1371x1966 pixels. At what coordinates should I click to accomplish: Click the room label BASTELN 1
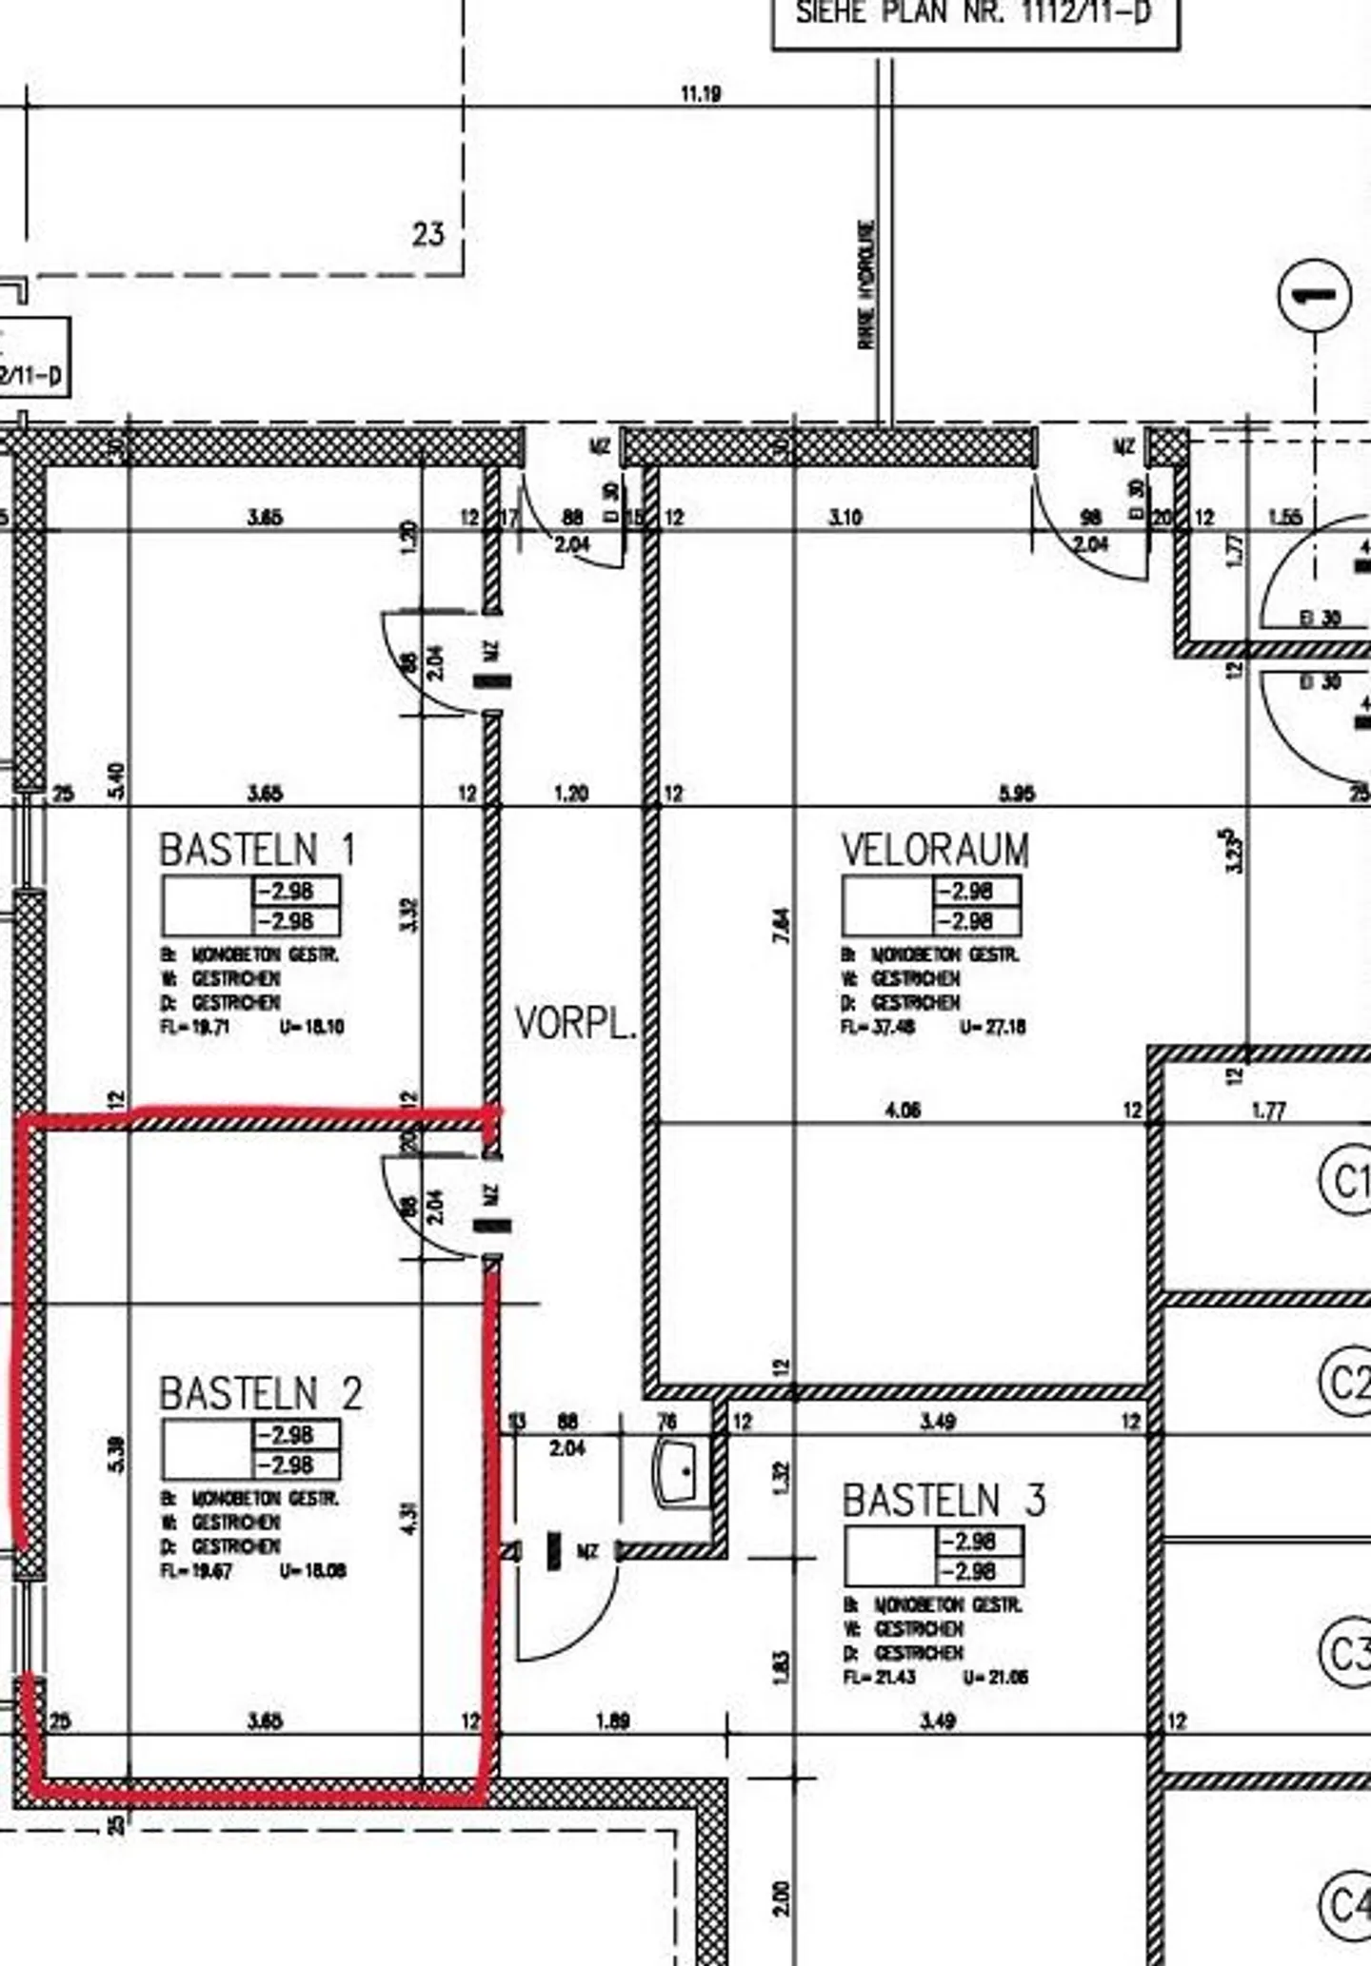257,850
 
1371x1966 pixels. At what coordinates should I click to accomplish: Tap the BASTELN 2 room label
260,1394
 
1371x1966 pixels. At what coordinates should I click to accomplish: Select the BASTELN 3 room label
944,1501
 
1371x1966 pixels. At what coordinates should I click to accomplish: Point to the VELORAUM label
935,850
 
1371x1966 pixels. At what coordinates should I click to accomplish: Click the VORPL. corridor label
575,1024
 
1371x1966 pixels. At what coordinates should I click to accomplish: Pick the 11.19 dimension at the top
701,94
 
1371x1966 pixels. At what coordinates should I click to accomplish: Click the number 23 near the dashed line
428,234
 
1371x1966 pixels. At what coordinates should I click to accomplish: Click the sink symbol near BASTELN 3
682,1470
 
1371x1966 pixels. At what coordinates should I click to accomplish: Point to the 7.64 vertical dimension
781,925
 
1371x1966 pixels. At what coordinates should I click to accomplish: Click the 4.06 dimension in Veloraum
902,1111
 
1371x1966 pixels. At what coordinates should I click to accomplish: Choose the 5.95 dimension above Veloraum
1016,793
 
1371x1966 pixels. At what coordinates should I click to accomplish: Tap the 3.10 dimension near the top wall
845,518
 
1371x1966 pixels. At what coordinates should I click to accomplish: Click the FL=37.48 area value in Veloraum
878,1027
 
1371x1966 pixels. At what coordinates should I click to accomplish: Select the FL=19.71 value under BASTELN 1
195,1027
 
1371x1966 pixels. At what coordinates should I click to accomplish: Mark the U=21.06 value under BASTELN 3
995,1678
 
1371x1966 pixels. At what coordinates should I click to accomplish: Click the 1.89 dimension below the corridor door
612,1720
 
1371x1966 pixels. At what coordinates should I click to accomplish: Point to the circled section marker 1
1315,295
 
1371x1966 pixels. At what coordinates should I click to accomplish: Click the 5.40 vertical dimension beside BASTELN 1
117,782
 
